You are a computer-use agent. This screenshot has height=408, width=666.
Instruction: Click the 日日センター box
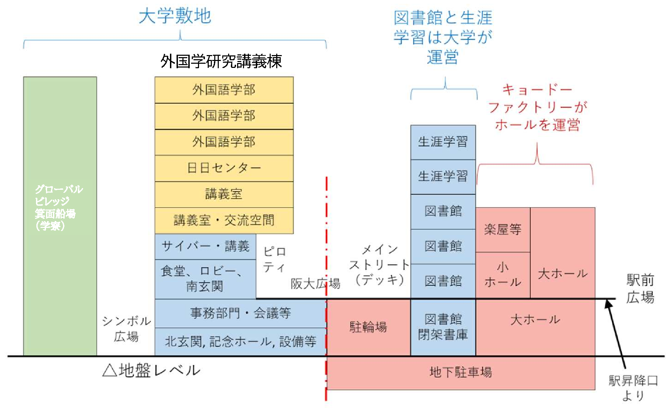tap(224, 168)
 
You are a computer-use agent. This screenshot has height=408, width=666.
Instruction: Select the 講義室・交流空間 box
tap(224, 221)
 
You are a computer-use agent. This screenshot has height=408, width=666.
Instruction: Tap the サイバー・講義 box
tap(205, 247)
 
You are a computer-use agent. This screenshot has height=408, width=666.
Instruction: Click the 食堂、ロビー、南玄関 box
tap(205, 279)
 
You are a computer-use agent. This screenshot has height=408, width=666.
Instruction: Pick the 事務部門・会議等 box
tap(241, 313)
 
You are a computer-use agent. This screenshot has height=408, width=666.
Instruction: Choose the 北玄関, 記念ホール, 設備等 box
tap(241, 342)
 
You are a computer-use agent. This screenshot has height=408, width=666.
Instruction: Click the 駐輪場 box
tap(368, 327)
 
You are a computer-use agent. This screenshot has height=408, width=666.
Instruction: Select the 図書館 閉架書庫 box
tap(443, 327)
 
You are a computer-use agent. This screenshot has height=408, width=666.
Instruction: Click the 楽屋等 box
tap(503, 230)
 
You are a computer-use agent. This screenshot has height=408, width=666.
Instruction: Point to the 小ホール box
tap(503, 275)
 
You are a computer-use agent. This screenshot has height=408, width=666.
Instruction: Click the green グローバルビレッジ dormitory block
tap(60, 216)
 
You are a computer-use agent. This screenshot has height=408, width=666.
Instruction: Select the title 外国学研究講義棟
tap(221, 62)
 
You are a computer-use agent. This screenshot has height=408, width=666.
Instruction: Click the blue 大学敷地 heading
tap(175, 16)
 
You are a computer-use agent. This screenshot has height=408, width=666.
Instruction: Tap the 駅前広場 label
tap(640, 289)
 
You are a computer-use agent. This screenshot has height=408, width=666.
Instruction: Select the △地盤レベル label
tap(152, 371)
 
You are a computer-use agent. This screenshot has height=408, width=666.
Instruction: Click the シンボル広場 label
tap(126, 329)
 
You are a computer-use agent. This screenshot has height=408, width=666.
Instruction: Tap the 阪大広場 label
tap(315, 284)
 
